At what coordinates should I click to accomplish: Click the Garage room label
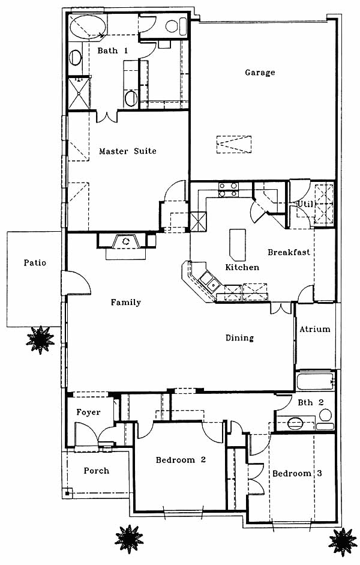[x=260, y=73]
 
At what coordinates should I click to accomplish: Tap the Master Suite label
[x=127, y=151]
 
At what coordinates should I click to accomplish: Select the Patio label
[x=35, y=262]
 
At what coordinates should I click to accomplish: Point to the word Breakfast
[x=289, y=252]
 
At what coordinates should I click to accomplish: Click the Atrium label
[x=315, y=329]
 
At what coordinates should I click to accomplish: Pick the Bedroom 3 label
[x=297, y=473]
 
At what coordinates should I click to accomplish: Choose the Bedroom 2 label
[x=181, y=460]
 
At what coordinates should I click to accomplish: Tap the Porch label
[x=96, y=471]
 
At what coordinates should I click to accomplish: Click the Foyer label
[x=88, y=412]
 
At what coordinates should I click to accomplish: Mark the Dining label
[x=239, y=338]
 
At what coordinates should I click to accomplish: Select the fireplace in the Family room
[x=126, y=241]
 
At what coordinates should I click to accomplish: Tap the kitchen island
[x=238, y=244]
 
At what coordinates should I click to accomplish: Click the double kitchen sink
[x=210, y=281]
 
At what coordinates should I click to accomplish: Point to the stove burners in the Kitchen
[x=229, y=190]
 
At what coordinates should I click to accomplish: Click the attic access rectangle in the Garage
[x=234, y=145]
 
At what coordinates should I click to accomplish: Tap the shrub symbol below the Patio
[x=40, y=340]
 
